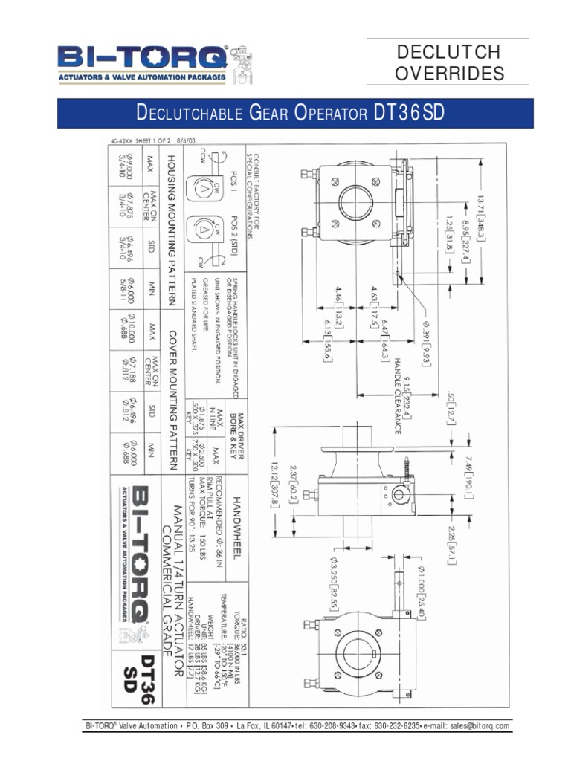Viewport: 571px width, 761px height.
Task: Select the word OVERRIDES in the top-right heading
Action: pos(449,74)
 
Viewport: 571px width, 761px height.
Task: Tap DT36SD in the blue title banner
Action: pos(409,114)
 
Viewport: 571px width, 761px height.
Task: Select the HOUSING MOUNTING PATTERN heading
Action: pos(170,230)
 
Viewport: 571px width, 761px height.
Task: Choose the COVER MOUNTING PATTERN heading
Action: pos(170,395)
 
